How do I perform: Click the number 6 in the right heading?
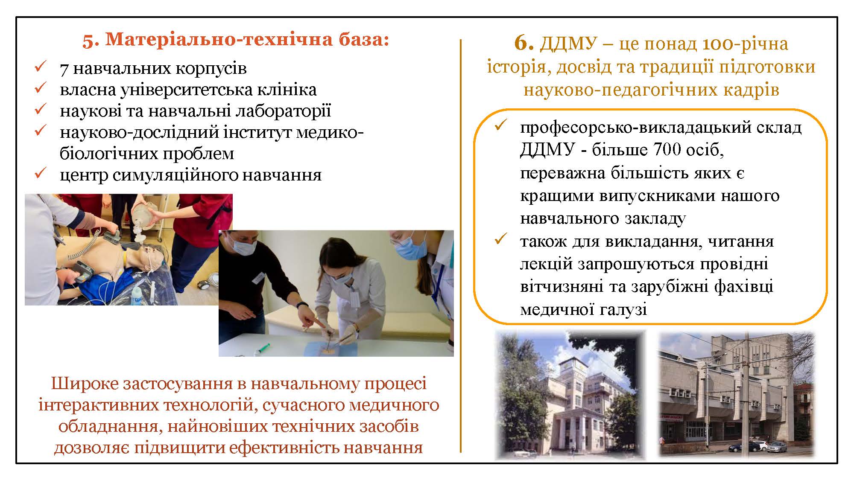(x=524, y=43)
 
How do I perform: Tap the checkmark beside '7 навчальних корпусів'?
(x=40, y=67)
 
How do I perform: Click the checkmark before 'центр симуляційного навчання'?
(x=40, y=173)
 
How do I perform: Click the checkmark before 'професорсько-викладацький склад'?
(x=500, y=126)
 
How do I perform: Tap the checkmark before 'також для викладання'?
(x=500, y=240)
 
